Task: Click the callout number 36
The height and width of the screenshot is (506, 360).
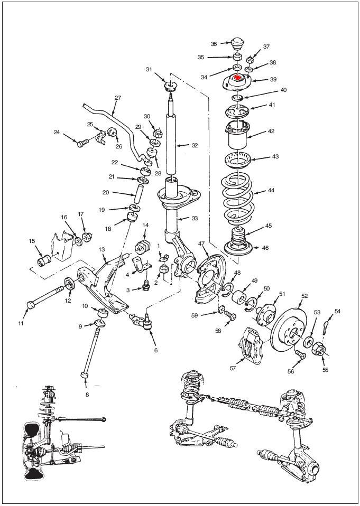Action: (214, 44)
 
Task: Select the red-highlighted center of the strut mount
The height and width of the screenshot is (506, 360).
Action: (236, 78)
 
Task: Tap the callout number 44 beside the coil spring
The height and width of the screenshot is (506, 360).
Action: (271, 190)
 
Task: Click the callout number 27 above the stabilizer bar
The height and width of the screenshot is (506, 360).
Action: (118, 98)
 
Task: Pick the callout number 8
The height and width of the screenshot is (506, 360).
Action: (87, 394)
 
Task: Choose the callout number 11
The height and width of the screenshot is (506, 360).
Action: (22, 323)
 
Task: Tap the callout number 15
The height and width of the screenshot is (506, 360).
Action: (32, 241)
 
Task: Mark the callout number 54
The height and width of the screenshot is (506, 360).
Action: (337, 312)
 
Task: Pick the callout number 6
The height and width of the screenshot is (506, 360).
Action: (156, 350)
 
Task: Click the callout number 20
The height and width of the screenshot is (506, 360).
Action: (106, 192)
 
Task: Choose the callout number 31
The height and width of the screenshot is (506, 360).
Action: (149, 69)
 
